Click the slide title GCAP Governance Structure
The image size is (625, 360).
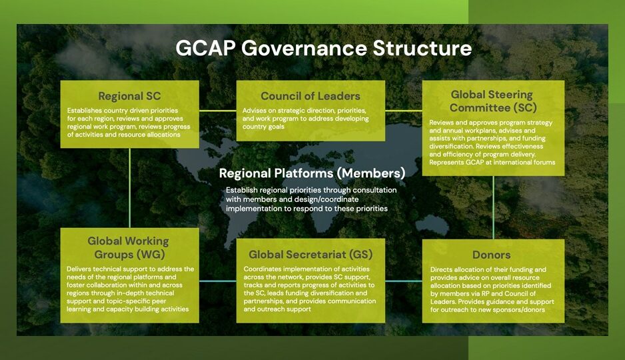point(324,48)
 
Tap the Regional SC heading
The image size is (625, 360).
point(129,96)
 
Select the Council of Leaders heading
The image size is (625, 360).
point(311,96)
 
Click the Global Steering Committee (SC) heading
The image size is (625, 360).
point(493,101)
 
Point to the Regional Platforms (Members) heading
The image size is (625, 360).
point(312,173)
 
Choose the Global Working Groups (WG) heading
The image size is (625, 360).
point(129,247)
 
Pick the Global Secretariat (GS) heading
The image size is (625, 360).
point(311,255)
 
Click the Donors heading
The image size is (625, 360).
point(492,255)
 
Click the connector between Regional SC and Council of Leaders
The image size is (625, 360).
point(218,111)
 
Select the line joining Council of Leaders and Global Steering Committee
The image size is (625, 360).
point(404,111)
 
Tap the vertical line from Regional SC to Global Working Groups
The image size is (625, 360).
point(129,188)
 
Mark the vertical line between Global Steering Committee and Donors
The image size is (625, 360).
point(494,208)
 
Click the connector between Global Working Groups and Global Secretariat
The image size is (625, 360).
point(218,281)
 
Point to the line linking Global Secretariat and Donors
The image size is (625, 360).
point(404,281)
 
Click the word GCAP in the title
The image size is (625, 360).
point(206,48)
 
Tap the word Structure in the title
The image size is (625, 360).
point(422,48)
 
